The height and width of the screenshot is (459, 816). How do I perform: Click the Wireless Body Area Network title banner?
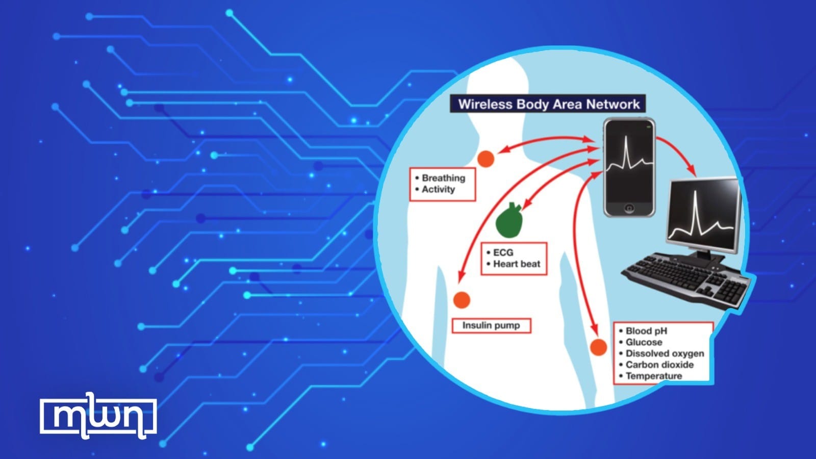pyautogui.click(x=548, y=104)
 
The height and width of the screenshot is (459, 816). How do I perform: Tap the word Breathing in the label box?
pyautogui.click(x=443, y=178)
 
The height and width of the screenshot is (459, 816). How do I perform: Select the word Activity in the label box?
pyautogui.click(x=438, y=189)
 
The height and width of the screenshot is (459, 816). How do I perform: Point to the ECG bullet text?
pyautogui.click(x=503, y=252)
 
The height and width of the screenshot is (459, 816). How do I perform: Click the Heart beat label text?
pyautogui.click(x=516, y=264)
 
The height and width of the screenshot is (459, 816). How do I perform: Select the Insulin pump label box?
pyautogui.click(x=491, y=325)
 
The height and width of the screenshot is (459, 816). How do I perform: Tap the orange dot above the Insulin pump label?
pyautogui.click(x=462, y=300)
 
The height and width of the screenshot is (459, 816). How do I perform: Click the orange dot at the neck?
pyautogui.click(x=486, y=159)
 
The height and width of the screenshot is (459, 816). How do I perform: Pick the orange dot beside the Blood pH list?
pyautogui.click(x=599, y=347)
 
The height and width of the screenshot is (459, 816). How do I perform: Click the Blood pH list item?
pyautogui.click(x=646, y=331)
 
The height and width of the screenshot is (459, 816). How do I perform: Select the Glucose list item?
pyautogui.click(x=644, y=342)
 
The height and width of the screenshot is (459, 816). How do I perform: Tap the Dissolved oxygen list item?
pyautogui.click(x=665, y=353)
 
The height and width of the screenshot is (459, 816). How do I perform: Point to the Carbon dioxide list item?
pyautogui.click(x=659, y=365)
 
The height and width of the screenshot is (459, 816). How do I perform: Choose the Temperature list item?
pyautogui.click(x=653, y=376)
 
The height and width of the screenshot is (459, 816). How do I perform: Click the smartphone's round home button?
pyautogui.click(x=629, y=208)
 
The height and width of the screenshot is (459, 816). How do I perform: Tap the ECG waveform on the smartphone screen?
pyautogui.click(x=629, y=162)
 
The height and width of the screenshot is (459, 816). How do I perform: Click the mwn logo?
pyautogui.click(x=98, y=416)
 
